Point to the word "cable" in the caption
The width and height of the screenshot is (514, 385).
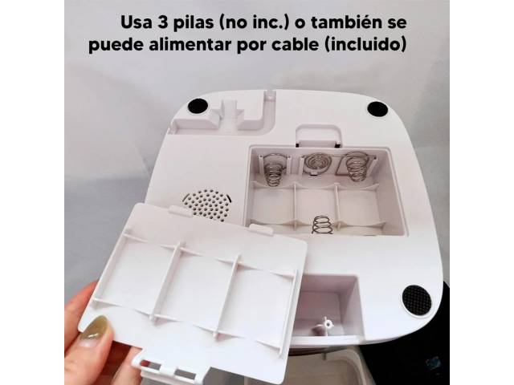point(295,44)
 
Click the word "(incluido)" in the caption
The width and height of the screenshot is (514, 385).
point(365,44)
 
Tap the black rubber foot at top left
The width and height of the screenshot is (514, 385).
point(198,105)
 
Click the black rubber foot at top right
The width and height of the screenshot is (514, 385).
point(377,109)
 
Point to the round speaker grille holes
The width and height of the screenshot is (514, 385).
point(206,205)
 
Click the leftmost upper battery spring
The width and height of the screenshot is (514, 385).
point(273,170)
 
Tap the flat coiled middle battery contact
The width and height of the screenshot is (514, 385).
point(314,162)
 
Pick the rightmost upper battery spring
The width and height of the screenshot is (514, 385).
point(357,167)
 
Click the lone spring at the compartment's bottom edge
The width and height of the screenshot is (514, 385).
point(322,225)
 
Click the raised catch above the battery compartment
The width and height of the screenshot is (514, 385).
point(318,136)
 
